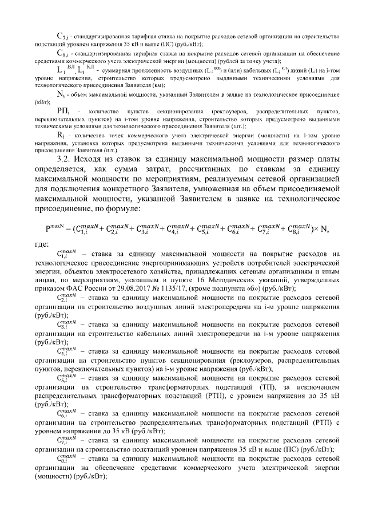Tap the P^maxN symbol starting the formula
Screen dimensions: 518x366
click(54, 228)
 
